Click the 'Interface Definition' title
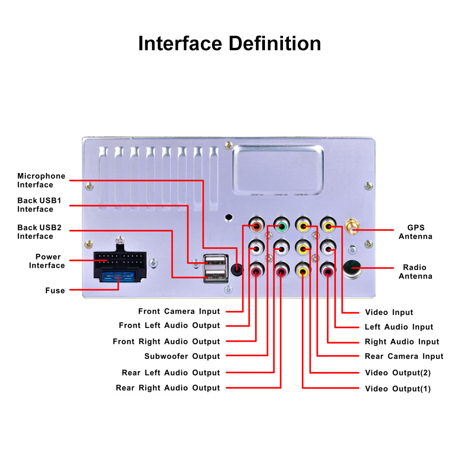(230, 43)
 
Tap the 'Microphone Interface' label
(41, 180)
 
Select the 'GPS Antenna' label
(415, 232)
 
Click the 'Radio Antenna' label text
(415, 272)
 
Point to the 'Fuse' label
(55, 290)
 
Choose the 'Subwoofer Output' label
(182, 356)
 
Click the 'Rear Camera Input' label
(404, 356)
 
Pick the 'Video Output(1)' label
(398, 389)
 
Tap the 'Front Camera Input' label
(179, 311)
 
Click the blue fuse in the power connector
(118, 276)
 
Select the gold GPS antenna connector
(352, 226)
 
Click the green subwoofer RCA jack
(282, 226)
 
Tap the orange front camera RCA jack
(256, 226)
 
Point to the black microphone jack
(237, 269)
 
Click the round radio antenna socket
(352, 269)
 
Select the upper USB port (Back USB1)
(216, 260)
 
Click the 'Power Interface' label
(47, 261)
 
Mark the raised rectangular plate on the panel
(278, 170)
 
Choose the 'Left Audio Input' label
(399, 327)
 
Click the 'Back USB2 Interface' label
(39, 232)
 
